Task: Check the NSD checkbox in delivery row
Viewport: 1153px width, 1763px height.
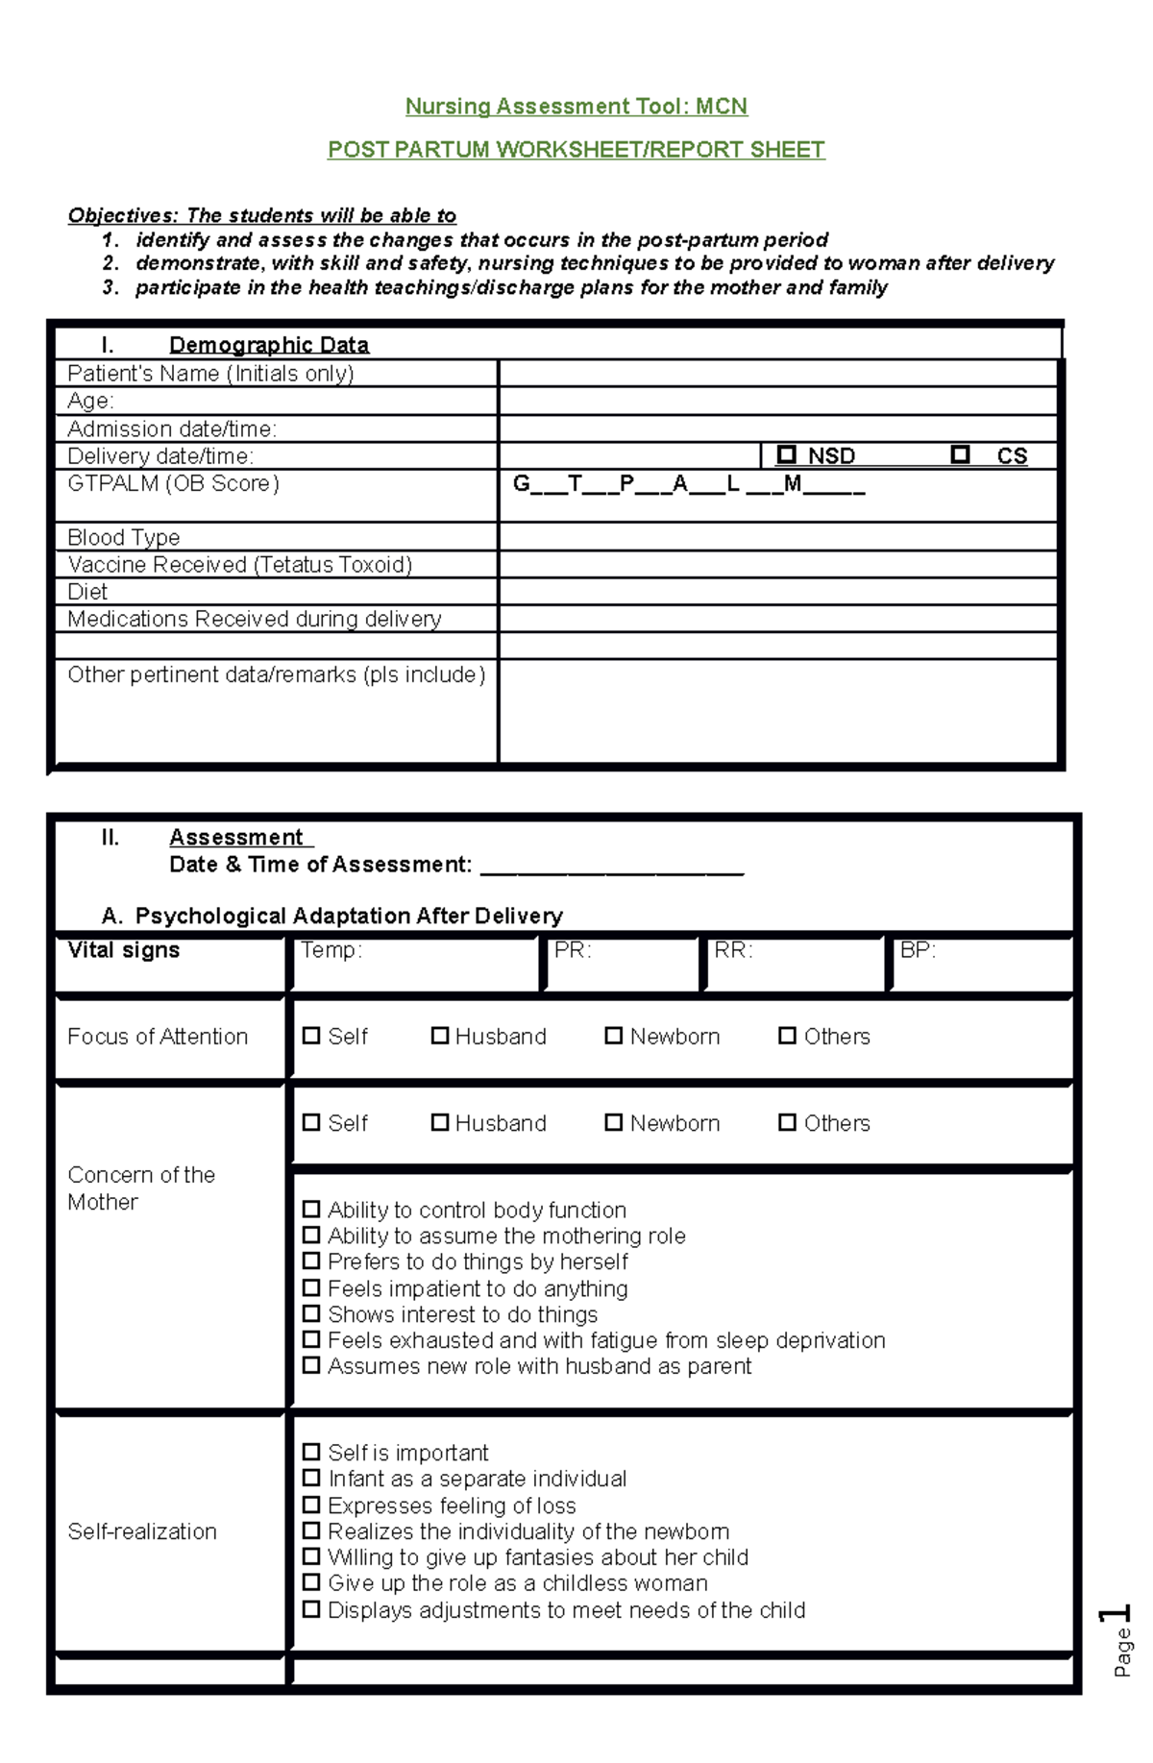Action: (x=787, y=454)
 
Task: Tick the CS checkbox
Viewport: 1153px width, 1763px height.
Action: (x=959, y=454)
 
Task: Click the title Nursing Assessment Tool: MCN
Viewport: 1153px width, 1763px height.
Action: (x=576, y=106)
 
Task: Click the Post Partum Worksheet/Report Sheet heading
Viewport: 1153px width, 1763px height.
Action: (x=576, y=149)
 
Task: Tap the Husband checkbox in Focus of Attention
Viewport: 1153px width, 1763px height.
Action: (x=439, y=1036)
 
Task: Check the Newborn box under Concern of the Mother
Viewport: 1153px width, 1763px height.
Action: (x=613, y=1122)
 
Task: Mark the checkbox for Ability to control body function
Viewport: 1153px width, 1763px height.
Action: (x=311, y=1209)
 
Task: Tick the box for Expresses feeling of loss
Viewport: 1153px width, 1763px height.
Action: (x=311, y=1505)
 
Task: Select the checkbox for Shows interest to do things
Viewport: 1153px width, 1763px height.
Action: (x=311, y=1313)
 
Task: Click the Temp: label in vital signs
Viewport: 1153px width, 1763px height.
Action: (x=331, y=950)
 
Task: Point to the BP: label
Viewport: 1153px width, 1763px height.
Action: (x=917, y=950)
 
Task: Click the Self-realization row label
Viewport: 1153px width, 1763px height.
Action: (x=142, y=1531)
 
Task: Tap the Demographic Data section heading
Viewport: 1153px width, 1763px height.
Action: (x=268, y=345)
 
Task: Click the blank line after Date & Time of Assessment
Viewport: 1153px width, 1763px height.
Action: (x=611, y=867)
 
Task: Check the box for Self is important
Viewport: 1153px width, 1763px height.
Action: (x=311, y=1452)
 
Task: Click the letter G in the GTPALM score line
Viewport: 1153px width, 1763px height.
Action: (x=521, y=483)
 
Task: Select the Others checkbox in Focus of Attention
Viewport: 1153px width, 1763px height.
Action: (x=787, y=1036)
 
